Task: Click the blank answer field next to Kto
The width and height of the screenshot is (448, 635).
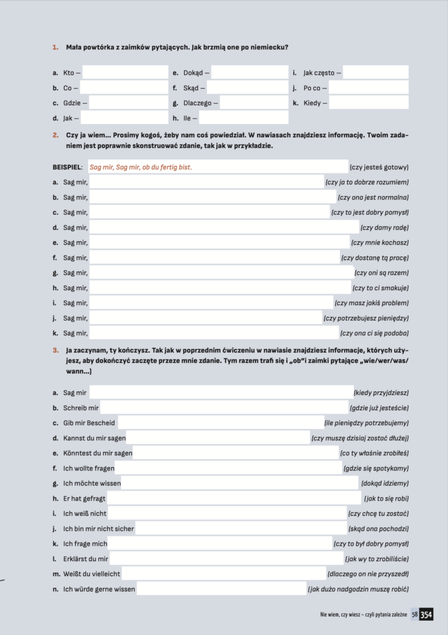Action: (x=125, y=73)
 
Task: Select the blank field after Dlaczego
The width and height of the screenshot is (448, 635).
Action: (x=254, y=103)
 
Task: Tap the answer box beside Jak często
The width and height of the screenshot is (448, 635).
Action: (x=376, y=73)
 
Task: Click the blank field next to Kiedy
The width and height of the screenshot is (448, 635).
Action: (x=368, y=103)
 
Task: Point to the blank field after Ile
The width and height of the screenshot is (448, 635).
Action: (x=243, y=118)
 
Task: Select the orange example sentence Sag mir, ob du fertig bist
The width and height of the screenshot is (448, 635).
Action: (x=141, y=167)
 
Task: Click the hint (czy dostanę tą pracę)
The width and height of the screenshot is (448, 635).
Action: (x=374, y=257)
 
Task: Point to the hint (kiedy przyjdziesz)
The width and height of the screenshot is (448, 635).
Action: (x=380, y=393)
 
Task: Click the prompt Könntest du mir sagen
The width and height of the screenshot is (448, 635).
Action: (x=97, y=453)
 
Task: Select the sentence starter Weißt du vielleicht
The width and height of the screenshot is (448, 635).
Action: (x=92, y=574)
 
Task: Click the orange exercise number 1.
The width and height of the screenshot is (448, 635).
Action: (x=55, y=47)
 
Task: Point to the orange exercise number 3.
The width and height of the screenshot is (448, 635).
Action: (x=55, y=350)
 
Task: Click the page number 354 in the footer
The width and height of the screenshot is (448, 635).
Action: (x=426, y=615)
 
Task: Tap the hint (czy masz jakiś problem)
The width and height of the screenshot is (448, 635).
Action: (x=371, y=303)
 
